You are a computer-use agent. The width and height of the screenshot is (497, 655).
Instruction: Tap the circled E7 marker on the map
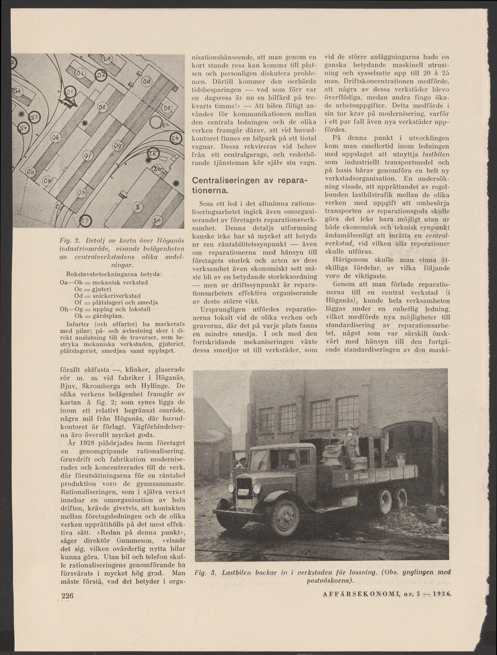point(85,221)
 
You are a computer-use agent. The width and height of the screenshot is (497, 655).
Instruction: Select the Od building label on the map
point(146,81)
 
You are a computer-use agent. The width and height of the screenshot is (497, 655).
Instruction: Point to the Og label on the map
point(117,146)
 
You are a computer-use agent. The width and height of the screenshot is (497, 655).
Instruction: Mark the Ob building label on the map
point(56,138)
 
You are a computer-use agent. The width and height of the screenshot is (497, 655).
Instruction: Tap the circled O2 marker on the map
point(100,75)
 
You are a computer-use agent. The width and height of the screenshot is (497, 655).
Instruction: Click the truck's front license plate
point(243,492)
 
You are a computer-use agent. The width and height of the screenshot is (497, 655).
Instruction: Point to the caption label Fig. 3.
point(205,572)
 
